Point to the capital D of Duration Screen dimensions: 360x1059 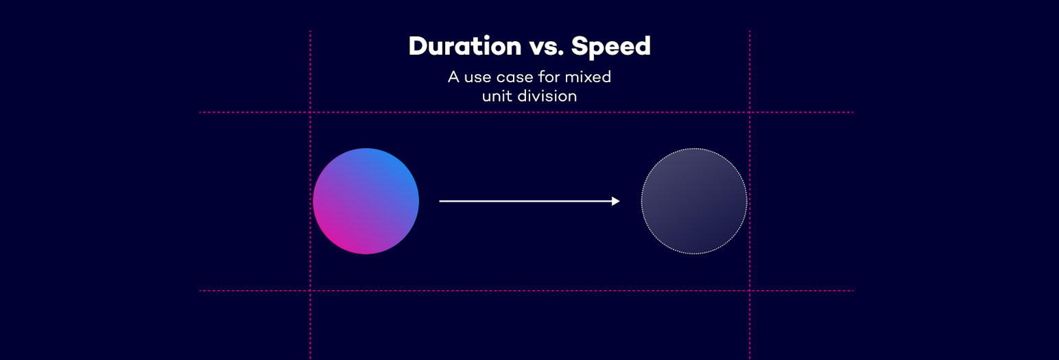click(x=418, y=47)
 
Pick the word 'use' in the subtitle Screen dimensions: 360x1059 click(x=477, y=77)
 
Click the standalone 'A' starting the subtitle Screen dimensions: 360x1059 click(x=453, y=77)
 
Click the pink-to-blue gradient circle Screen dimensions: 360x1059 click(x=366, y=201)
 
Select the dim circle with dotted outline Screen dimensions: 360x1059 click(x=694, y=201)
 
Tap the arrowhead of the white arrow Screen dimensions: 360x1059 click(x=616, y=201)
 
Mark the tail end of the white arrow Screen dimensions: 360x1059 click(x=441, y=201)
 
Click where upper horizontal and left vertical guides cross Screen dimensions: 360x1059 click(x=310, y=112)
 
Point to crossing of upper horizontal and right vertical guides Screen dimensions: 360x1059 click(x=750, y=112)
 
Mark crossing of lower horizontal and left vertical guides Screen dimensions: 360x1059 click(x=310, y=291)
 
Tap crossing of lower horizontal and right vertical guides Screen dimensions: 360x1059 click(x=750, y=291)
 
